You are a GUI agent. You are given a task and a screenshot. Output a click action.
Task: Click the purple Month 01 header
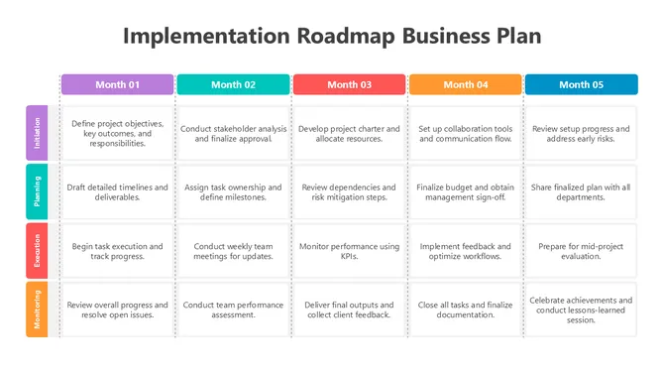click(117, 84)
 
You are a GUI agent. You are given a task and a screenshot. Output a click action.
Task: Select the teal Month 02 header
click(233, 84)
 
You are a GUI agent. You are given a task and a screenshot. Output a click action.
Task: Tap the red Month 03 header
click(349, 84)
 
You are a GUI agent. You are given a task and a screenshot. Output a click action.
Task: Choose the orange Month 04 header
click(465, 84)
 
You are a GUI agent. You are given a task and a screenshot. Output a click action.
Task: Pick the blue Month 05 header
click(581, 84)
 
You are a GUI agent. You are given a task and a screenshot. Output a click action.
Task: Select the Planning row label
click(36, 191)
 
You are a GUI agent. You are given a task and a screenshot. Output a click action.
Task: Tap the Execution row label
click(36, 250)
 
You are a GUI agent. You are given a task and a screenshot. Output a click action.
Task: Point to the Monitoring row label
click(36, 309)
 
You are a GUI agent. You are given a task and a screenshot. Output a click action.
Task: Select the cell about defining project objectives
click(117, 134)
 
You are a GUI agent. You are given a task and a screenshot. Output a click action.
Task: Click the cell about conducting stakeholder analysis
click(233, 134)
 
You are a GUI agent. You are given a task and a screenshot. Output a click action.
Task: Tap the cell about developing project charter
click(349, 134)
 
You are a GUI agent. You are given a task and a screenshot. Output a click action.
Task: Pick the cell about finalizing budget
click(465, 191)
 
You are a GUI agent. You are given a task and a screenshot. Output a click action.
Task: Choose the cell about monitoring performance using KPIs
click(349, 250)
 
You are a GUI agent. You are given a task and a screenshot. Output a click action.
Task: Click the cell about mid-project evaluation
click(581, 250)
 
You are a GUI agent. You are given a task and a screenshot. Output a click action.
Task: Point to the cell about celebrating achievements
click(581, 309)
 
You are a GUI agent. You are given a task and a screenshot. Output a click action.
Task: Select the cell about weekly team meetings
click(233, 250)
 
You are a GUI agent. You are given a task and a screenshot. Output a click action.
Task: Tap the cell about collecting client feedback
click(349, 309)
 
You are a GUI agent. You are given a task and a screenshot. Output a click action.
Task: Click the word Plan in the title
click(517, 37)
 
